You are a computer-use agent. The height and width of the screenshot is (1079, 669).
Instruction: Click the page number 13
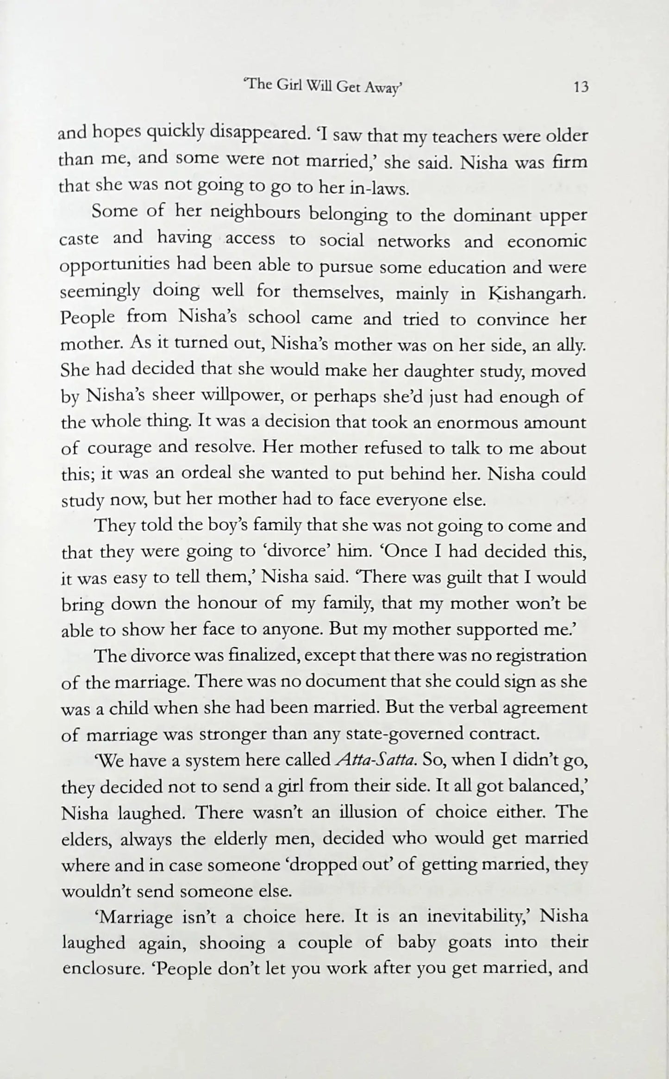point(581,87)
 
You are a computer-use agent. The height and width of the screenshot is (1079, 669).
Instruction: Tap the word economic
point(547,241)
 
